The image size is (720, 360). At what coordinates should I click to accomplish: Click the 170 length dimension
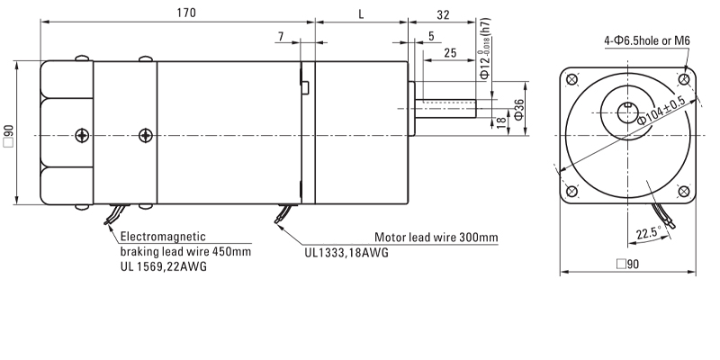[187, 13]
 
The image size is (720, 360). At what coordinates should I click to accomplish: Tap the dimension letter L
[361, 13]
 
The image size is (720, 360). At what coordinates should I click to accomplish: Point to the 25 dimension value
[449, 53]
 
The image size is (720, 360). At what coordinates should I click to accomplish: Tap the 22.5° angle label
[647, 234]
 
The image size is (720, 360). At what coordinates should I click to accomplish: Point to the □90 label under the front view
[626, 265]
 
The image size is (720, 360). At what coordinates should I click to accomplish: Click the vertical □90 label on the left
[9, 135]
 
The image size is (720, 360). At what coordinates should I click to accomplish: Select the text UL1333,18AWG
[346, 253]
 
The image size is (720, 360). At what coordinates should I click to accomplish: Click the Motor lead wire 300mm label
[436, 238]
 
